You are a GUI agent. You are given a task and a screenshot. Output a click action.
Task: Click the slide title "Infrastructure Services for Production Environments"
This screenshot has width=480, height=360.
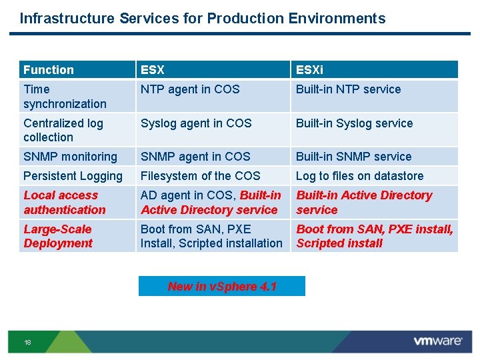point(203,19)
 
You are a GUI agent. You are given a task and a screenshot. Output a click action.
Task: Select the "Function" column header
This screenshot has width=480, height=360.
point(49,70)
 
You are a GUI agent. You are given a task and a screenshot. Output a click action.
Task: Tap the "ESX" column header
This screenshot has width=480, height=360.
point(153,70)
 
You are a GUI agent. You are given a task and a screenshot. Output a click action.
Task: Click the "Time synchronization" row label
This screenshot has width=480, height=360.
point(65,96)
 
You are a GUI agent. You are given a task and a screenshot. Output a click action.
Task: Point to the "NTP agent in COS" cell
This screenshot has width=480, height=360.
point(190,89)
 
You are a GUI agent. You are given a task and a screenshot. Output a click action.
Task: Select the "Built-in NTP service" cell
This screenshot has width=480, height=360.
point(349,89)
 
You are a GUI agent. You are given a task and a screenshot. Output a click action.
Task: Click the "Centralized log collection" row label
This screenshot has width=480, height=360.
point(63,130)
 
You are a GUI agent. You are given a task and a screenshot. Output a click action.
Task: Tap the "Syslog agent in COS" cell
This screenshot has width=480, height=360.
point(196,123)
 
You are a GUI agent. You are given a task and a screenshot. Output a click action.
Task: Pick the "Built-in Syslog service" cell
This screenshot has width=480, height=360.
point(355,123)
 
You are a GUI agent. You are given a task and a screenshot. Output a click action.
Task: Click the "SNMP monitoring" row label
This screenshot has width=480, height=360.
point(70,157)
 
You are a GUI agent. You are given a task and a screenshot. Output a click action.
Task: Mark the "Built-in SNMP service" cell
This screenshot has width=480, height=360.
point(354,157)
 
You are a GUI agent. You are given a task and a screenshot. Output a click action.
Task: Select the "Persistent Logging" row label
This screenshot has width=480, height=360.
point(73,176)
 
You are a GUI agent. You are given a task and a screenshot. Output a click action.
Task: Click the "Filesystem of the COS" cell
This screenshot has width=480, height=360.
point(201,176)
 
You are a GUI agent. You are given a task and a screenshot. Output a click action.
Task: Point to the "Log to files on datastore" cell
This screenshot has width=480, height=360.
point(360,176)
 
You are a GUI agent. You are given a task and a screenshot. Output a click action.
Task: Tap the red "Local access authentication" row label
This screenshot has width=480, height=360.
point(65,203)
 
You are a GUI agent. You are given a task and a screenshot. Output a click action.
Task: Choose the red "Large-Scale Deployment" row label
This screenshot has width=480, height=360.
point(58,236)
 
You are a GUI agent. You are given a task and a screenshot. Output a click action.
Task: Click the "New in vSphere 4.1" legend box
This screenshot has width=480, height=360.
point(222,287)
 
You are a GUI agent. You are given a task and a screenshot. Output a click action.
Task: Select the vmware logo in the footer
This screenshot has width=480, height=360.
point(437,341)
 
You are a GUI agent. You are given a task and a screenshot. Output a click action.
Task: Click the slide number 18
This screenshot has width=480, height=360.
point(27,343)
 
